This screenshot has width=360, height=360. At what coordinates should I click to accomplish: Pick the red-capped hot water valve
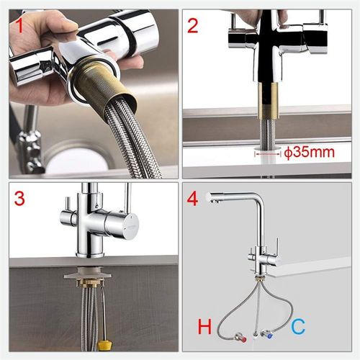[x=243, y=333]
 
